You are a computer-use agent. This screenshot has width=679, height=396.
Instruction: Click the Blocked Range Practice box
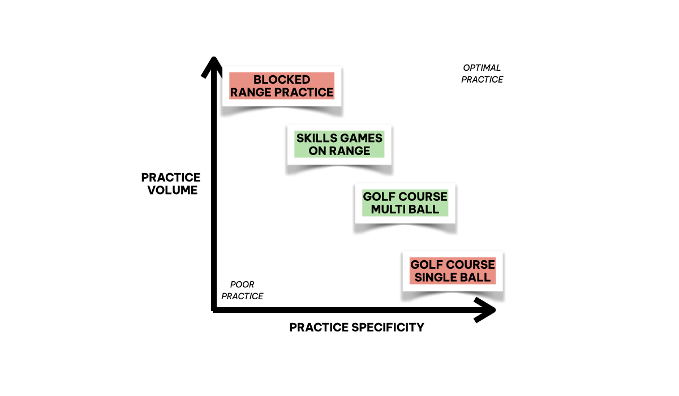pos(281,86)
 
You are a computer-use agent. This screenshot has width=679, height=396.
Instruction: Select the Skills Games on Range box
pos(339,144)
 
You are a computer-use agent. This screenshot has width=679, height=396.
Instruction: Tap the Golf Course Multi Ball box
pos(405,203)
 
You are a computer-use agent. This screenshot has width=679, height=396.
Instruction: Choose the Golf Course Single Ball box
pos(453,271)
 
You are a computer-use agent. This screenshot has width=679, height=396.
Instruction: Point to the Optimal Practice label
pos(482,74)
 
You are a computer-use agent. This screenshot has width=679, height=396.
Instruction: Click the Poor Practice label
pos(242,290)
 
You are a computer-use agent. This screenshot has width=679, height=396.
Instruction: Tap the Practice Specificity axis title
pos(356,328)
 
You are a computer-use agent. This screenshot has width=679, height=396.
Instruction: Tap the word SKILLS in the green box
pos(317,138)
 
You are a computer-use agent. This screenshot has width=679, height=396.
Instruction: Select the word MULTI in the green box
pos(391,209)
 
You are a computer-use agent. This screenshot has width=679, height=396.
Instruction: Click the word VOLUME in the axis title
pos(173,190)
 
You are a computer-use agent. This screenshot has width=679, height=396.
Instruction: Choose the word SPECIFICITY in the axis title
pos(386,328)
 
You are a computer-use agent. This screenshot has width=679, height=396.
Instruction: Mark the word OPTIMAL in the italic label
pos(482,68)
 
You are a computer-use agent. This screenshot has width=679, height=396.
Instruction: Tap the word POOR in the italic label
pos(242,285)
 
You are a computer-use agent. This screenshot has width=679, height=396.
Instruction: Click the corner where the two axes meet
pos(213,309)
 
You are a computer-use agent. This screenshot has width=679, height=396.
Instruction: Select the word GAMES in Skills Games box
pos(361,138)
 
